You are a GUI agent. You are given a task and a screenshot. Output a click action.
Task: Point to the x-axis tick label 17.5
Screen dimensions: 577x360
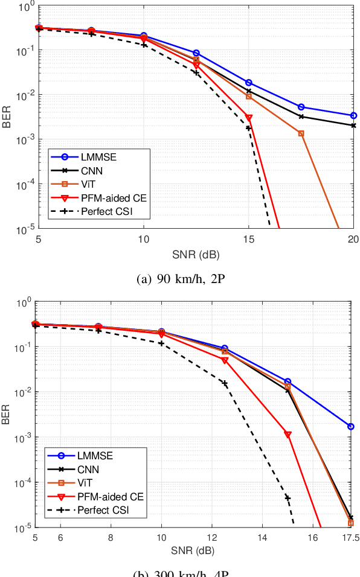pos(347,537)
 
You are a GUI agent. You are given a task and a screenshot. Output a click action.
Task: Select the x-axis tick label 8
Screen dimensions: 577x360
pos(111,537)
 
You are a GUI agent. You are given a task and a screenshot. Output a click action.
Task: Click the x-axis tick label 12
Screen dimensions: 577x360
pos(211,537)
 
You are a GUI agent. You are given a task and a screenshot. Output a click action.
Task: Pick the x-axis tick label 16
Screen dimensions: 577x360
pos(313,537)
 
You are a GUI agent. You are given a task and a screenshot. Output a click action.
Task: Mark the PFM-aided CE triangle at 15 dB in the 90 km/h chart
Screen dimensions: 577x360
pos(249,118)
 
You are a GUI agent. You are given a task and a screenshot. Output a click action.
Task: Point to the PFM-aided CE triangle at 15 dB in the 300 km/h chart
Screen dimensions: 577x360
pos(288,435)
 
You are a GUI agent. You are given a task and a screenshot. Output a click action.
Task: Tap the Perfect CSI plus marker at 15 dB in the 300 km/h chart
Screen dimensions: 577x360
pos(288,498)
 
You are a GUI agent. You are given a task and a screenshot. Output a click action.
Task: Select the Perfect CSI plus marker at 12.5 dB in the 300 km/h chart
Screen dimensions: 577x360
pos(225,383)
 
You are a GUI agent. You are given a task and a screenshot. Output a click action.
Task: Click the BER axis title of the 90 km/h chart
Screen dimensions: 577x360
pos(7,117)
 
